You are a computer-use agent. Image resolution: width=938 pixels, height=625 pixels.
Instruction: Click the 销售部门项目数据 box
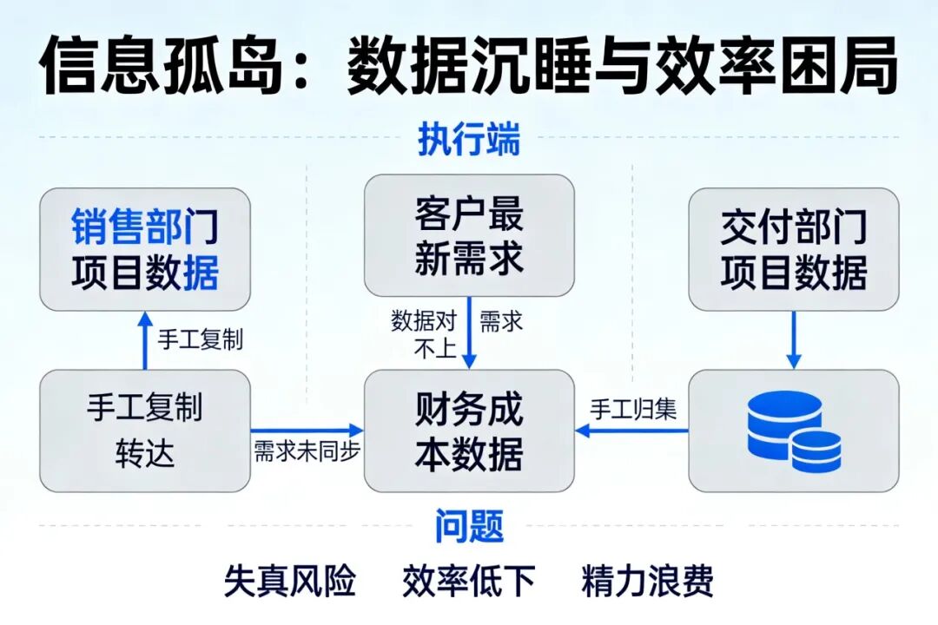coord(145,249)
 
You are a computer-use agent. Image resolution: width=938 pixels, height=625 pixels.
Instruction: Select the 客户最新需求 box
coord(469,235)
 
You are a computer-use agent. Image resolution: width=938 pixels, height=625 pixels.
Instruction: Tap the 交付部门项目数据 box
coord(794,249)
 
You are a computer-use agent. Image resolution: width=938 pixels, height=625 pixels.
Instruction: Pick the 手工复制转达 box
coord(145,431)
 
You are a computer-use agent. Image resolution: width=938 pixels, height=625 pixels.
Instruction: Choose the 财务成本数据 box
coord(469,431)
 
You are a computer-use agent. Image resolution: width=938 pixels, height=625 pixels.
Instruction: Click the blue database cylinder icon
coord(794,431)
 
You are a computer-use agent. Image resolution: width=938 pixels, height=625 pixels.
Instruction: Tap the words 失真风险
coord(290,581)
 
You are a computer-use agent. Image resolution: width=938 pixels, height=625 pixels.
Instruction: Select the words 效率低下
coord(469,581)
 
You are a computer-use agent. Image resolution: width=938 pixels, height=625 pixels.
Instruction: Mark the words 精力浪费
coord(648,581)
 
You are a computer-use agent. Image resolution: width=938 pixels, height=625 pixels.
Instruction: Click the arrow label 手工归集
coord(633,409)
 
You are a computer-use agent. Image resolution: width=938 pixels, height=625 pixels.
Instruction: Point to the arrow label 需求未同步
coord(307,451)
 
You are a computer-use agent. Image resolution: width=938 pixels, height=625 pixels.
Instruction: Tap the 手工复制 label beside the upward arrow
coord(200,339)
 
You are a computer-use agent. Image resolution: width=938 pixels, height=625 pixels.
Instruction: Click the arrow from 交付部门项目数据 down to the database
coord(794,339)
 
